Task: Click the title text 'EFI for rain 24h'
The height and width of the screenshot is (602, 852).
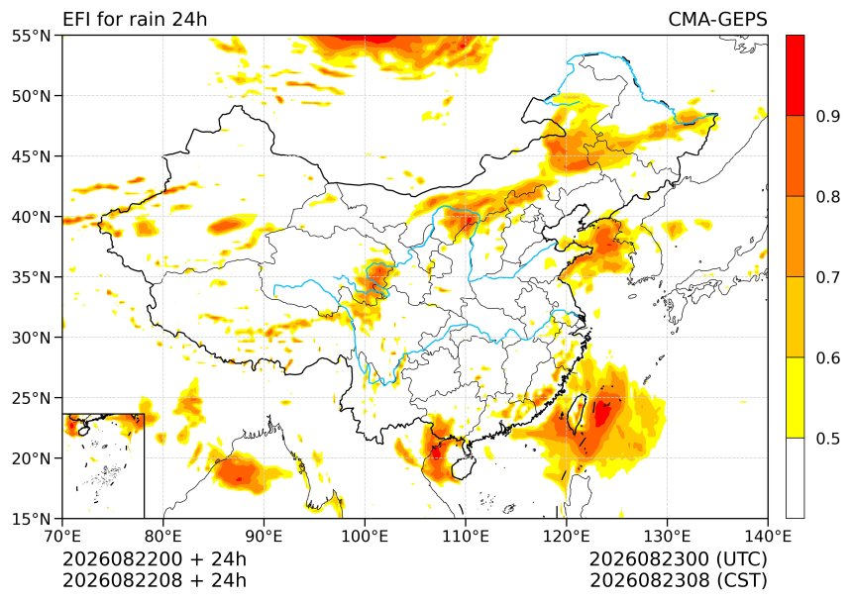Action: (135, 20)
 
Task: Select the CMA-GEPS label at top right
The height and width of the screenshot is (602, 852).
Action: (717, 20)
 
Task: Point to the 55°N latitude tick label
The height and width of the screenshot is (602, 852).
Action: (31, 36)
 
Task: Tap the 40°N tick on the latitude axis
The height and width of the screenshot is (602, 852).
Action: (31, 217)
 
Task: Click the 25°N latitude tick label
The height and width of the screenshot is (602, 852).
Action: (31, 398)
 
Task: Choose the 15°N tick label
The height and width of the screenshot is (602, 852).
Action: (31, 519)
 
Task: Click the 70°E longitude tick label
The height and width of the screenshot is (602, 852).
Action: (62, 537)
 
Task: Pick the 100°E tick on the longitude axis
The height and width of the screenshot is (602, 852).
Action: (365, 537)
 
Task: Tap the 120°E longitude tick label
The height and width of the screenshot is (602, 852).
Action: (567, 537)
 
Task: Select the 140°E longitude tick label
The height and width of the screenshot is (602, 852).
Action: (768, 537)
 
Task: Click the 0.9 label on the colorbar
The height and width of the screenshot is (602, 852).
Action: (827, 116)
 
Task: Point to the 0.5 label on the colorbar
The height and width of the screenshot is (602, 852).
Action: (827, 439)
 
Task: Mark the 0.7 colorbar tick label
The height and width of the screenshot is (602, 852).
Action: (827, 277)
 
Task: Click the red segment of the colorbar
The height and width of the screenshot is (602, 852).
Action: (795, 75)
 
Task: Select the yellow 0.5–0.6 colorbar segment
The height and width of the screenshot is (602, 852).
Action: (795, 397)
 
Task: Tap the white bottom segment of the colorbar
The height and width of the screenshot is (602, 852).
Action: (795, 478)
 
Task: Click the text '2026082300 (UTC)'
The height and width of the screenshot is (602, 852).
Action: (678, 559)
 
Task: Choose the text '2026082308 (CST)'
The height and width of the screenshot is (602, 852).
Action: (678, 580)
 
